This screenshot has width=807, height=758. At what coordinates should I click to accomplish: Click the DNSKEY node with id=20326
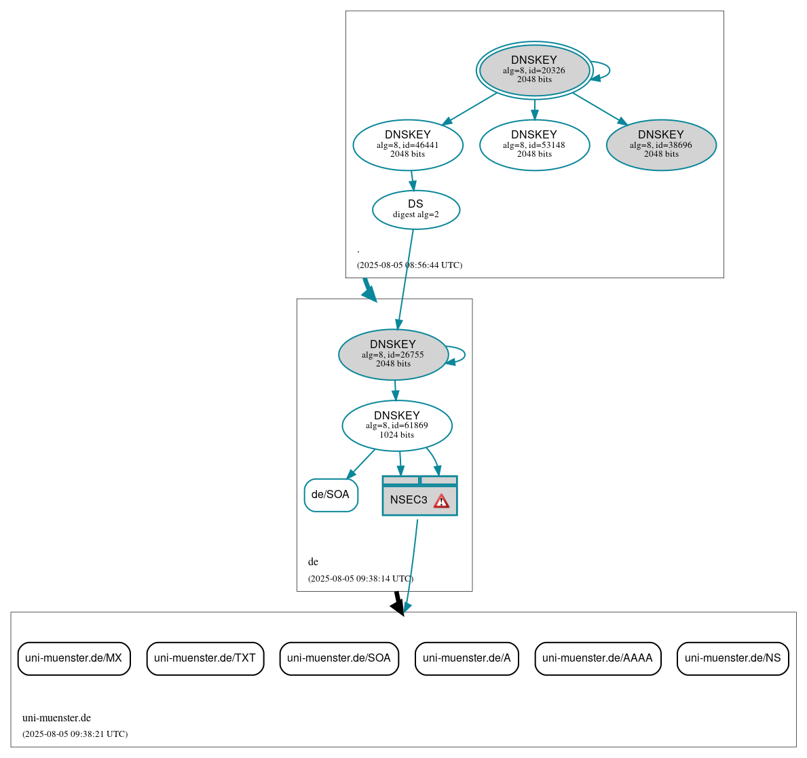click(x=534, y=71)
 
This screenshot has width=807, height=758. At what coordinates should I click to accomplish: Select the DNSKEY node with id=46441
click(x=408, y=145)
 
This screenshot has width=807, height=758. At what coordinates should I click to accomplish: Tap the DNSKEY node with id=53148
click(x=534, y=145)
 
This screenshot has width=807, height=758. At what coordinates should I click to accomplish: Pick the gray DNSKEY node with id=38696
click(x=661, y=145)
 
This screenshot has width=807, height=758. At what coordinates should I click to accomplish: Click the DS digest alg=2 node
click(x=416, y=210)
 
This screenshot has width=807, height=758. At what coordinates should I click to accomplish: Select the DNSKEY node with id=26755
click(x=393, y=354)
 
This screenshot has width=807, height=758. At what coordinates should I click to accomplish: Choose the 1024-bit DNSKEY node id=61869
click(x=397, y=425)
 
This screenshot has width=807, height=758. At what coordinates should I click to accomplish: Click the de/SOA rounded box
click(x=331, y=495)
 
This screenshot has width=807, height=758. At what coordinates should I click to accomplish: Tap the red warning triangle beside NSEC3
click(x=441, y=501)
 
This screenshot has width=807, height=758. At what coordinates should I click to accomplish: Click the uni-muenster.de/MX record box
click(x=74, y=658)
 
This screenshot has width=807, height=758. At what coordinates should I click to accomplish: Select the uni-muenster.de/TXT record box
click(x=205, y=658)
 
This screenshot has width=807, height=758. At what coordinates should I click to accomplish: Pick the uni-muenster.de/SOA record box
click(x=339, y=658)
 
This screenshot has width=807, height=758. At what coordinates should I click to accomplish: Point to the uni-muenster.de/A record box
click(x=467, y=658)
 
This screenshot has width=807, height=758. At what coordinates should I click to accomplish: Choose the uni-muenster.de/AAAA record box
click(x=597, y=658)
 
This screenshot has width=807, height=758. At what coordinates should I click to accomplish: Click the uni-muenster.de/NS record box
click(x=732, y=658)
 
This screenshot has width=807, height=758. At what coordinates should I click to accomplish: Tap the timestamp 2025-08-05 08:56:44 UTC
click(x=409, y=265)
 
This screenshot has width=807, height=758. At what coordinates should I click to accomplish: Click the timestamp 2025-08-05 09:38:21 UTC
click(x=75, y=734)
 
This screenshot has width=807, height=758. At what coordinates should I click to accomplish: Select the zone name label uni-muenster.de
click(x=56, y=718)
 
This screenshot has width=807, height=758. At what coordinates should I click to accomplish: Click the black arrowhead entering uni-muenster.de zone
click(x=398, y=607)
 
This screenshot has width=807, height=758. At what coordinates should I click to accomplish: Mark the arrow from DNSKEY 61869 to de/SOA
click(x=361, y=463)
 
